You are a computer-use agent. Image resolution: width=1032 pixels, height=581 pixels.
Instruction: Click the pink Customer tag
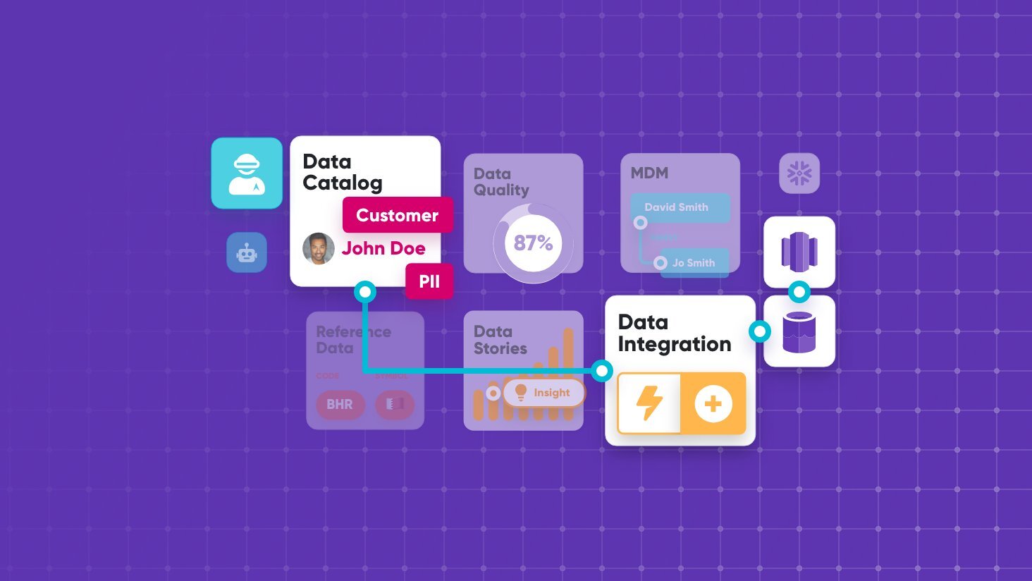(398, 215)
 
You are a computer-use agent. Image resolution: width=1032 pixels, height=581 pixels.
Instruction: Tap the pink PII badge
(429, 281)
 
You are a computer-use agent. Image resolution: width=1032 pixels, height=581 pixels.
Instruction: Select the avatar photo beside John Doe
(319, 248)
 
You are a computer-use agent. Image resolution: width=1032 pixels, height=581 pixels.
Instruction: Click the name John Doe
(383, 248)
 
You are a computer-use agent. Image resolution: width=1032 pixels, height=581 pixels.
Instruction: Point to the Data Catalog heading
(342, 172)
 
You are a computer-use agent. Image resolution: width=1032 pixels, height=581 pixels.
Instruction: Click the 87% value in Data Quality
(533, 243)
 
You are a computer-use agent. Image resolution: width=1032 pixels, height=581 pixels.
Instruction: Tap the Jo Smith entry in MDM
(694, 263)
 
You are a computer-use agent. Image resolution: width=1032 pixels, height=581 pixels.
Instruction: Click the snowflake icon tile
(799, 173)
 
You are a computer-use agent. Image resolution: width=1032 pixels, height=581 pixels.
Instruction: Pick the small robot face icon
(247, 252)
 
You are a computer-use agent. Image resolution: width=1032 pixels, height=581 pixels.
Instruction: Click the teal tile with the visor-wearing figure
(247, 173)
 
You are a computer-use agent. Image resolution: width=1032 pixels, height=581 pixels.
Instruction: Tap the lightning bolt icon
(649, 403)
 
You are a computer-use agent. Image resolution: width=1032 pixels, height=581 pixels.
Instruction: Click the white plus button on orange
(713, 404)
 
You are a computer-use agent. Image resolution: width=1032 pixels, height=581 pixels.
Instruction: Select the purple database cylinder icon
(799, 331)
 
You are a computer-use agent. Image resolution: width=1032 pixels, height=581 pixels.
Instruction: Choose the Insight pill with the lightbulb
(543, 393)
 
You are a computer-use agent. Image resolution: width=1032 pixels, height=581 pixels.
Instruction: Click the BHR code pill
(340, 405)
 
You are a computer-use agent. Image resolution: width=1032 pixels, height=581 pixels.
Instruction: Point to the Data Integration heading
(674, 333)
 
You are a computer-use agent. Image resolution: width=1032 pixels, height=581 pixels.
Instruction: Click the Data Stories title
(500, 340)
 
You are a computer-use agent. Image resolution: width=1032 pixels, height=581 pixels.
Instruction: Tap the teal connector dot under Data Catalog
(365, 291)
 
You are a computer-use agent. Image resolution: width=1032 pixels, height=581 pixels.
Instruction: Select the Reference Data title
(352, 340)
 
